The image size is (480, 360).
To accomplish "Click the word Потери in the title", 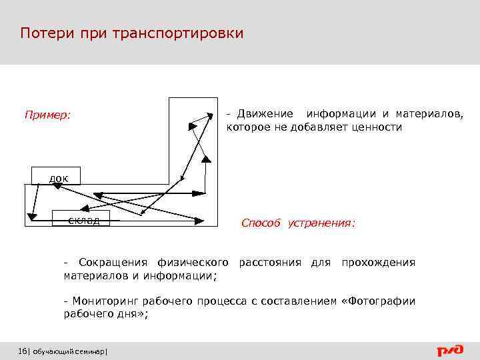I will click(41, 33).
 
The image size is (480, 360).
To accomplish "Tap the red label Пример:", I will click(47, 115).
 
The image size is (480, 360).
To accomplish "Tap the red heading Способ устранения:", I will click(298, 223).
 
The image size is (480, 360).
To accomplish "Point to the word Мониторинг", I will click(103, 301).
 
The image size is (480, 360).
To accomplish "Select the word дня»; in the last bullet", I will click(131, 315).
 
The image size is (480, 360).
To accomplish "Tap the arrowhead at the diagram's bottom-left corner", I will click(31, 216).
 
